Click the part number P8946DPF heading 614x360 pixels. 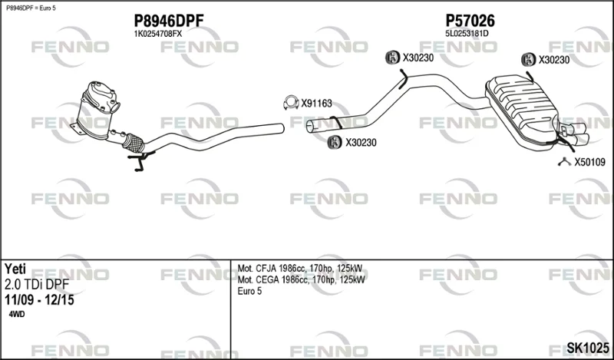(x=169, y=21)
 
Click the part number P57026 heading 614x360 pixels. (x=470, y=21)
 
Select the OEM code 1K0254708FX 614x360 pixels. (x=158, y=34)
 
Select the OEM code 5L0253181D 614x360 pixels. (x=467, y=34)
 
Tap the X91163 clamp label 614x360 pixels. (x=316, y=104)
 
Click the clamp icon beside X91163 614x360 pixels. (x=291, y=103)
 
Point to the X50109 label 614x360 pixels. (x=589, y=162)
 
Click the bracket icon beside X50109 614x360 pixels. (x=564, y=161)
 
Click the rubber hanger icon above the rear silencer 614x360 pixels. (x=529, y=60)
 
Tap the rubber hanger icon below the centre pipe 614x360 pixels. (x=335, y=142)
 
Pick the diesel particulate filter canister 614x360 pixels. (x=97, y=109)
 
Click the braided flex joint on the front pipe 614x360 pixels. (x=133, y=143)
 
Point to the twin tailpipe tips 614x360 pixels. (x=573, y=134)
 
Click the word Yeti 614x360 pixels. (x=15, y=269)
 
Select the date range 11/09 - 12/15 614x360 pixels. (x=39, y=300)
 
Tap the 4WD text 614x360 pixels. (x=16, y=315)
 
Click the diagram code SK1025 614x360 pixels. (x=588, y=348)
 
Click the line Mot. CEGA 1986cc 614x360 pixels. (x=301, y=280)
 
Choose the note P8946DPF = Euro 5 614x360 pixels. (x=31, y=8)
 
